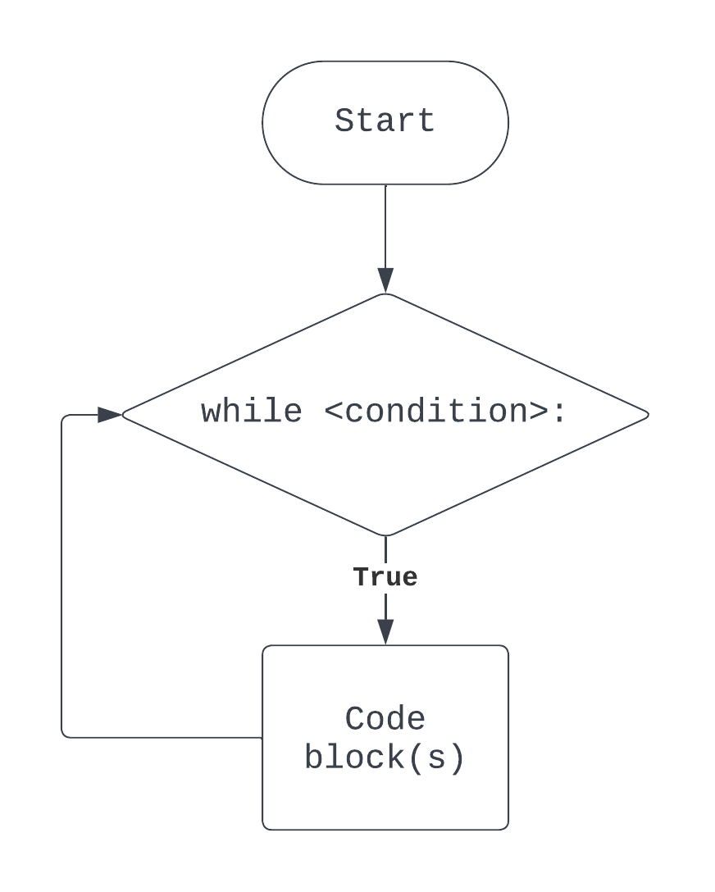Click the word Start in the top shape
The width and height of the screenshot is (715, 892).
(x=385, y=121)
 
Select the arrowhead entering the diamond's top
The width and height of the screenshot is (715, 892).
(x=385, y=280)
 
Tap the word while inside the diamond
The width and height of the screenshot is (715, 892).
(x=251, y=411)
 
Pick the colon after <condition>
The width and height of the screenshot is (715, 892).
(x=559, y=412)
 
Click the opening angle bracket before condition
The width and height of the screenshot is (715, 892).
(x=334, y=412)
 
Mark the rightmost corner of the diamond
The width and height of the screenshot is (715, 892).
(x=647, y=414)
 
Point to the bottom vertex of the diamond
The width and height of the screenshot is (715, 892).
(x=385, y=535)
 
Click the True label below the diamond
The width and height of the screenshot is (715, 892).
(x=385, y=577)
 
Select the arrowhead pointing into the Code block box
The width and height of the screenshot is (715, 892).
(x=385, y=631)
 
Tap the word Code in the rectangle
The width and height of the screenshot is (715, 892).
(x=385, y=719)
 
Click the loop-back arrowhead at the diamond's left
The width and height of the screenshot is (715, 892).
(x=110, y=415)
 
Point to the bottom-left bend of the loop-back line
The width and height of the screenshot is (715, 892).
(x=63, y=735)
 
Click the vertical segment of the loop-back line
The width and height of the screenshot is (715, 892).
(x=61, y=574)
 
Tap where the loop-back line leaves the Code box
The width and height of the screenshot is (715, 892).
(x=262, y=737)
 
